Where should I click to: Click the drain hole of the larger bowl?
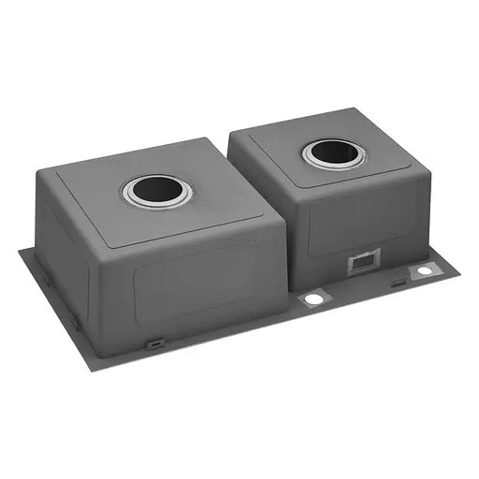pyautogui.click(x=156, y=193)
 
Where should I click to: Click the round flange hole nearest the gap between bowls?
pyautogui.click(x=312, y=298)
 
